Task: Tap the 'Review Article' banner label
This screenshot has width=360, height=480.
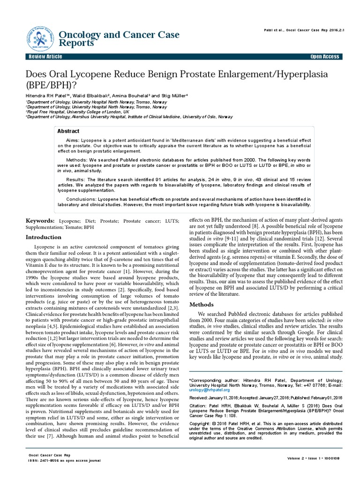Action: click(45, 57)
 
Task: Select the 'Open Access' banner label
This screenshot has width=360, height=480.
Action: click(324, 57)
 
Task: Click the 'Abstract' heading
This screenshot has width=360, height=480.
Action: click(68, 131)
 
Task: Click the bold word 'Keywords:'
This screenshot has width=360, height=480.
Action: click(40, 221)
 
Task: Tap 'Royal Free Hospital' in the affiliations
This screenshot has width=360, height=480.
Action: click(49, 112)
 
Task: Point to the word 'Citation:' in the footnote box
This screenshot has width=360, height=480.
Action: click(197, 408)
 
